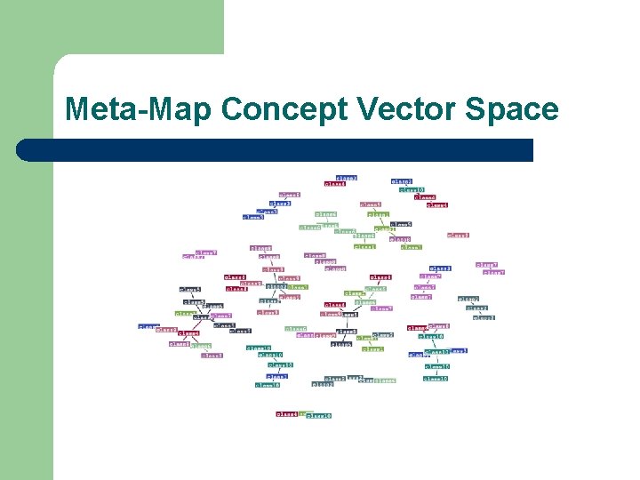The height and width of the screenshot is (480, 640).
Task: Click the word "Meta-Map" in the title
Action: [138, 109]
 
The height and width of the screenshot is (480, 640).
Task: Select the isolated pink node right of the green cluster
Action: [459, 236]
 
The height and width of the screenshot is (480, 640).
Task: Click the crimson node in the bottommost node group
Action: [287, 413]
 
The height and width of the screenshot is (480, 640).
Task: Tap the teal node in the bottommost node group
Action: [318, 415]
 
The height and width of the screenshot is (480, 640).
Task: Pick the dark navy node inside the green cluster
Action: [402, 225]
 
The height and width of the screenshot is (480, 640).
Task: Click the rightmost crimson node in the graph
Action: [437, 205]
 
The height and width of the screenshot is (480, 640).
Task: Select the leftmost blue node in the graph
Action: [148, 326]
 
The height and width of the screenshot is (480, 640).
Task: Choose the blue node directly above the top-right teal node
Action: [402, 180]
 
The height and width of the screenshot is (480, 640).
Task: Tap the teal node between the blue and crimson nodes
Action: [412, 189]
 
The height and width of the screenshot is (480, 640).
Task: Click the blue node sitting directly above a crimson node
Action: [347, 178]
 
